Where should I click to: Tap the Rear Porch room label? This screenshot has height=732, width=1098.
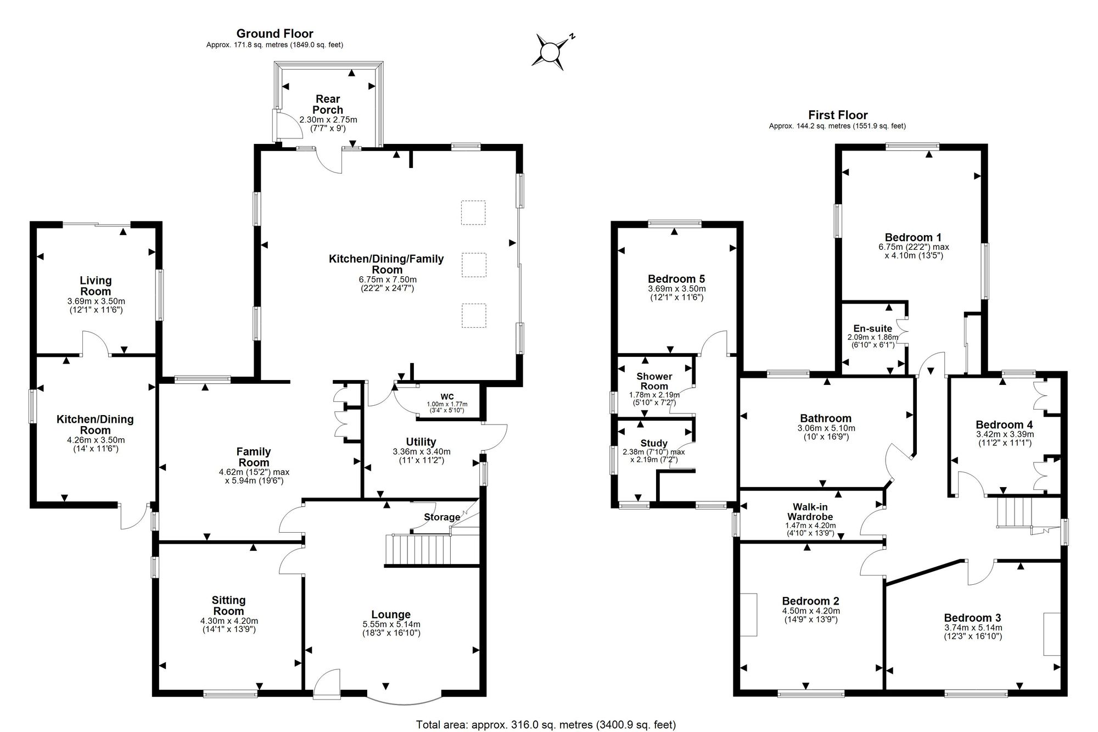pos(328,104)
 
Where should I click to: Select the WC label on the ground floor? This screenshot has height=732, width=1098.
pos(447,396)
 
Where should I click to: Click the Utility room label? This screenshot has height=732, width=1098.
pos(421,442)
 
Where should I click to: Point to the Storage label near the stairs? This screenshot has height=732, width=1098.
pos(442,517)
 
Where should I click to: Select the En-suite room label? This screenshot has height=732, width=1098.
pos(873,328)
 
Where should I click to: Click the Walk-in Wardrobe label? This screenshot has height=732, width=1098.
pos(810,512)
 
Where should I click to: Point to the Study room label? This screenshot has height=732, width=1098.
pos(654,443)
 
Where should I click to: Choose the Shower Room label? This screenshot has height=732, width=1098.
pos(654,381)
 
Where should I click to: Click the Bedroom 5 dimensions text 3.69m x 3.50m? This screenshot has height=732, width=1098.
pos(677,289)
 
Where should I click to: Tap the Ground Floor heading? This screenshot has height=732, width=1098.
pos(274,34)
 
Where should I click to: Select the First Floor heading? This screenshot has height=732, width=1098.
pos(838,115)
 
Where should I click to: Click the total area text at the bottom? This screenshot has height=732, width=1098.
pos(546,725)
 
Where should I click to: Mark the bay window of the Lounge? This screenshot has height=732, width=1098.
pos(404,701)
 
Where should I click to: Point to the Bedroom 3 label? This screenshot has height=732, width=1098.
pos(972,618)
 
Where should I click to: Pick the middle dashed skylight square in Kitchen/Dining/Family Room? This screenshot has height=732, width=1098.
pos(473,265)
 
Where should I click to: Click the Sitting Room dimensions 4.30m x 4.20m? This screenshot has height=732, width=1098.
pos(229,621)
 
